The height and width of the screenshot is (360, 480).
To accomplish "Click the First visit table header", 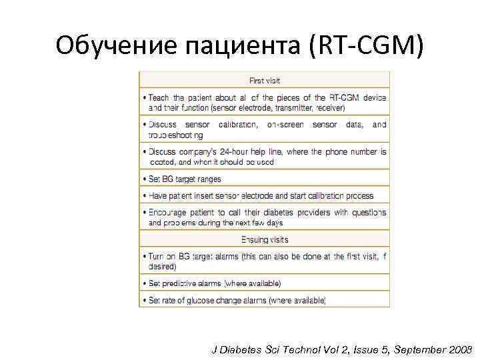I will pyautogui.click(x=265, y=81).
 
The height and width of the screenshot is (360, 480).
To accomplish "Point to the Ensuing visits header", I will pyautogui.click(x=265, y=239).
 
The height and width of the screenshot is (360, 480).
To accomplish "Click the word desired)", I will pyautogui.click(x=162, y=266).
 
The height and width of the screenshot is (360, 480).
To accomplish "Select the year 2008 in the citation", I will pyautogui.click(x=459, y=349).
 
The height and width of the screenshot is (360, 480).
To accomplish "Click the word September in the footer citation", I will pyautogui.click(x=417, y=349).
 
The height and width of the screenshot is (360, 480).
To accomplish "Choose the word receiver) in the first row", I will pyautogui.click(x=335, y=107).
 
